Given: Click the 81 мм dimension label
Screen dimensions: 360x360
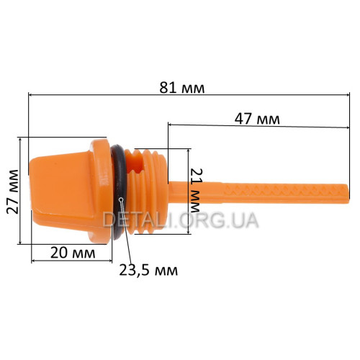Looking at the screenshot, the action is (182, 88).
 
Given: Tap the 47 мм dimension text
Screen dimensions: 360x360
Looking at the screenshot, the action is (257, 119).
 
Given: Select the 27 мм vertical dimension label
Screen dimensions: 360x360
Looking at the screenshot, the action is (12, 192).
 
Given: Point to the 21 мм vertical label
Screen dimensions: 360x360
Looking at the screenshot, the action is (195, 190).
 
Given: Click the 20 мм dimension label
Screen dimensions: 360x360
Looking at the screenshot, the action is (73, 253).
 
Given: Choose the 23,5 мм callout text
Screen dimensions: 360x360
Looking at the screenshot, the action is (148, 271).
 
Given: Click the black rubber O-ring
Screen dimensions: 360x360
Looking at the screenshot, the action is (118, 192).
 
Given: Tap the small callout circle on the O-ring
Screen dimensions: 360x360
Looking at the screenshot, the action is (122, 199).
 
